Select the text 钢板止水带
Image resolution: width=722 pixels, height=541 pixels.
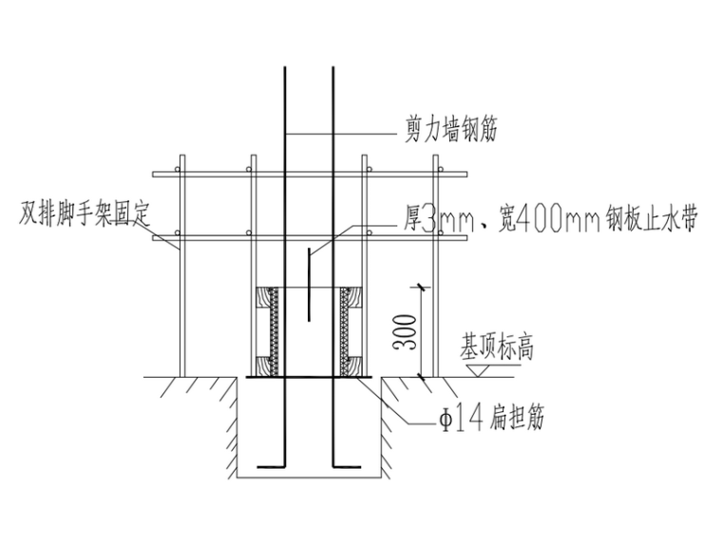coord(647,221)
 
